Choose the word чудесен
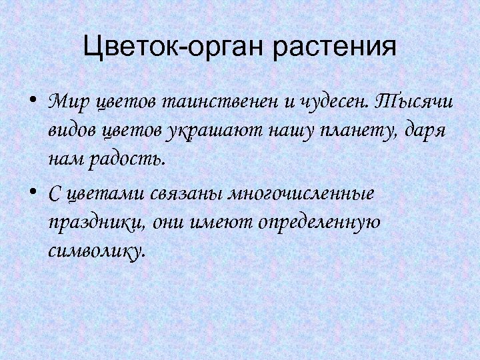(x=331, y=103)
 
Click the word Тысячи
(x=413, y=103)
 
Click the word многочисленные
(x=301, y=193)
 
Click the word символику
(x=96, y=251)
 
